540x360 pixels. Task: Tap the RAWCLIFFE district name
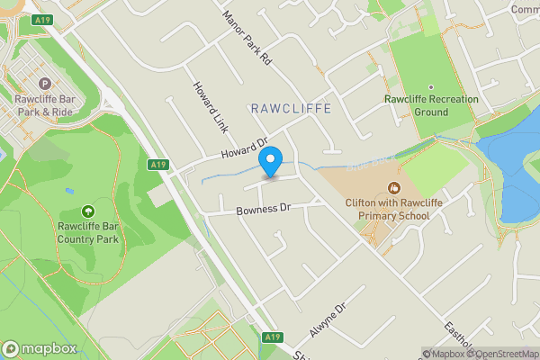(x=291, y=108)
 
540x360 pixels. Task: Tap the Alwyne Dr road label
(x=328, y=320)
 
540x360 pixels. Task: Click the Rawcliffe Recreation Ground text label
(x=416, y=105)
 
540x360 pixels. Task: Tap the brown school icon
(x=393, y=188)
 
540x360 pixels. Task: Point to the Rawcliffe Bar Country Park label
(x=88, y=233)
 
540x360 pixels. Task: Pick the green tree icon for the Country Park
(x=87, y=211)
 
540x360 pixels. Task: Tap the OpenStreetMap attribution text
(x=501, y=354)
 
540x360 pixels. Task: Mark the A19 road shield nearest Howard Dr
(x=158, y=164)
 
